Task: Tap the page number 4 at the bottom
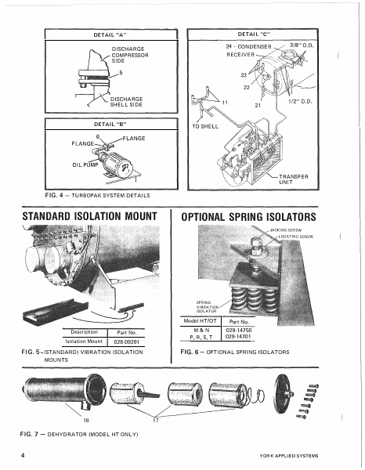(24, 454)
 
